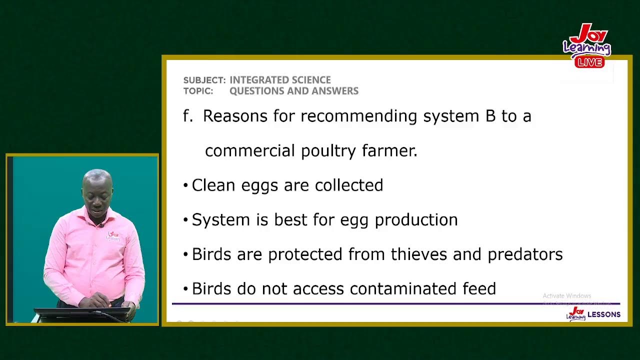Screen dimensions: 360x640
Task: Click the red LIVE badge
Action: click(589, 62)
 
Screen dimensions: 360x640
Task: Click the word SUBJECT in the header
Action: click(204, 80)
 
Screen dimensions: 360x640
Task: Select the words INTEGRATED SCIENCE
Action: click(280, 80)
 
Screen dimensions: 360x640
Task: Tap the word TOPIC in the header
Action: click(197, 91)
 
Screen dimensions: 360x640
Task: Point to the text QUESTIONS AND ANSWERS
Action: click(293, 91)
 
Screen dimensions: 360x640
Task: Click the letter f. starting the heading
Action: click(187, 116)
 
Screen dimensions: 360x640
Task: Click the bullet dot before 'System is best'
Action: click(185, 220)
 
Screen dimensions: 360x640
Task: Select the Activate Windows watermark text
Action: click(566, 296)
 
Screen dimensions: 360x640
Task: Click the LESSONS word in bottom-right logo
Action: click(603, 314)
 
